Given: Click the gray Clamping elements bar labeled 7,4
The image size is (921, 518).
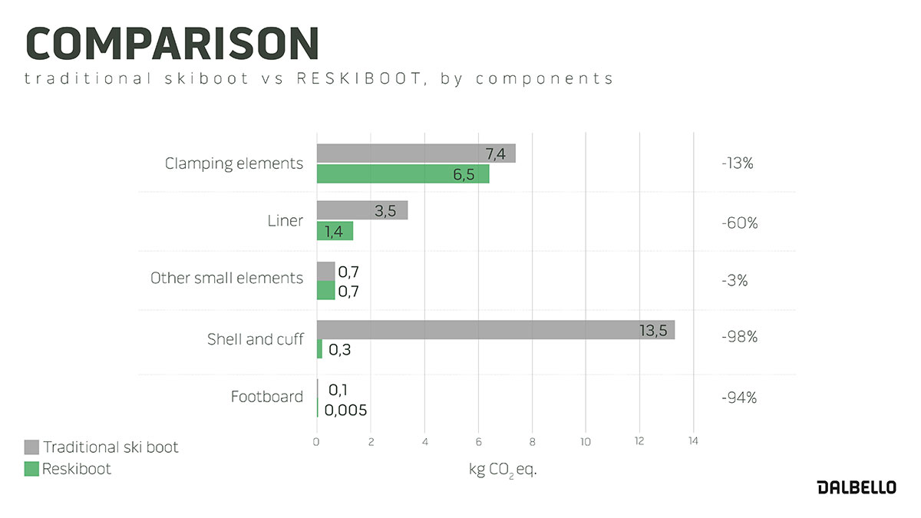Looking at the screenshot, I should (x=415, y=153).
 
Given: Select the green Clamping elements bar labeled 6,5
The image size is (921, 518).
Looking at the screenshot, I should (x=402, y=174).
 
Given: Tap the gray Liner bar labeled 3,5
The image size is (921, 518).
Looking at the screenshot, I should (x=361, y=210).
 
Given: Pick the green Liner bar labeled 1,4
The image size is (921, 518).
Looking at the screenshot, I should (x=335, y=231).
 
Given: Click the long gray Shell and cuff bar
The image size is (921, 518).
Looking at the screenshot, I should (x=495, y=330).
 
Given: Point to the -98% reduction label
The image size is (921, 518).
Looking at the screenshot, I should (x=739, y=337).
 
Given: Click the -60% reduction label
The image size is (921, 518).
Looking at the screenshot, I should (x=739, y=223).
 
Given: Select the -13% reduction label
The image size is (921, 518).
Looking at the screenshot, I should (x=738, y=163).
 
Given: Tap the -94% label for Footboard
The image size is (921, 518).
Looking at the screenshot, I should (x=739, y=398).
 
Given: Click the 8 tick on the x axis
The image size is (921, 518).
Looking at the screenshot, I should (x=532, y=441).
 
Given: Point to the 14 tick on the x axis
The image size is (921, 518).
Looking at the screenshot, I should (x=693, y=441).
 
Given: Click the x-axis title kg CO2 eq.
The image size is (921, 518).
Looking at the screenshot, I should (x=503, y=470).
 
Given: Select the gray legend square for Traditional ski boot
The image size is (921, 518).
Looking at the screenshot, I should (x=31, y=447).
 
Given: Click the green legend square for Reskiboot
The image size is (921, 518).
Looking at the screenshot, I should (x=31, y=468).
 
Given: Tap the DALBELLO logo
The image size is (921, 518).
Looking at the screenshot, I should (x=856, y=488).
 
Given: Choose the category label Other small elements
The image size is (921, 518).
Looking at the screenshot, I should (x=226, y=278).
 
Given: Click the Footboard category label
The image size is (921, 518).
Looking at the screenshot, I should (x=266, y=397).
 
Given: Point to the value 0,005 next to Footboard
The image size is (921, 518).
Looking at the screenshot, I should (x=345, y=411).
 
